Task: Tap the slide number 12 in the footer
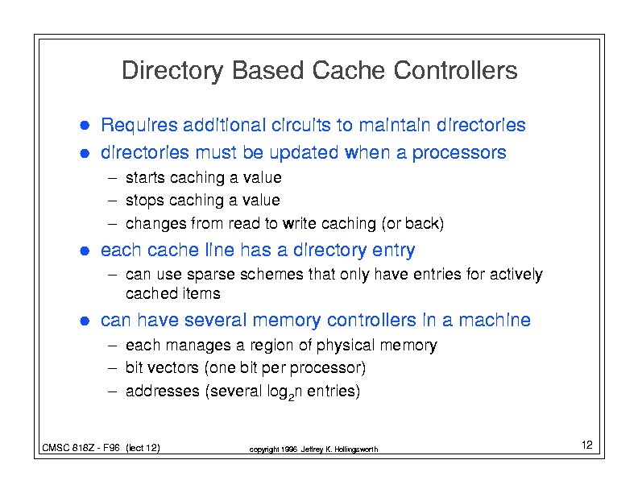(586, 445)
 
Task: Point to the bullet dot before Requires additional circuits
(84, 126)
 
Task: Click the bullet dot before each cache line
(84, 251)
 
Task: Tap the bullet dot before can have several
(84, 321)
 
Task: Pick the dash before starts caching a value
(114, 177)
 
